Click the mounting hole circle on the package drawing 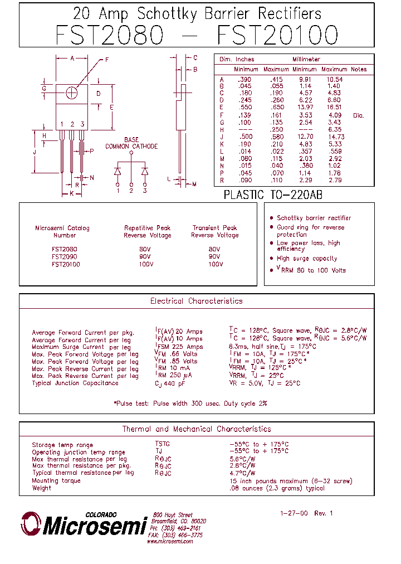tap(72, 93)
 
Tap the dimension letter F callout tap(106, 60)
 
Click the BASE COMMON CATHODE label tap(131, 143)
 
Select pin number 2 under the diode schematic tap(131, 191)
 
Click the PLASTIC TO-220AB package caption tap(273, 195)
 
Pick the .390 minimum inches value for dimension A tap(245, 80)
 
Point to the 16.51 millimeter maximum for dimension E tap(335, 107)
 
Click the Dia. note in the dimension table tap(358, 115)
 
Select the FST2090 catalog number tap(65, 257)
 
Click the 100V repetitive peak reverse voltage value tap(145, 264)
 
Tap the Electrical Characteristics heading tap(196, 301)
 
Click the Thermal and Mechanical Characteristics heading tap(196, 429)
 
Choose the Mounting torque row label tap(56, 480)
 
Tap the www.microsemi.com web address tap(170, 541)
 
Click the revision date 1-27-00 tap(294, 513)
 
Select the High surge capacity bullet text tap(307, 259)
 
